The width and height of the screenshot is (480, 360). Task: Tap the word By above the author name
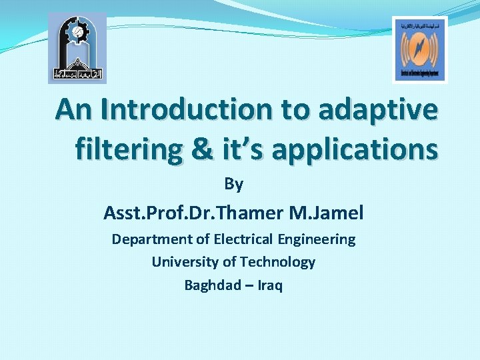coord(233,183)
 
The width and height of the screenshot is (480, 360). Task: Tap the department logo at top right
coord(419,49)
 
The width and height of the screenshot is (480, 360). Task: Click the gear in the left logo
coord(77,31)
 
